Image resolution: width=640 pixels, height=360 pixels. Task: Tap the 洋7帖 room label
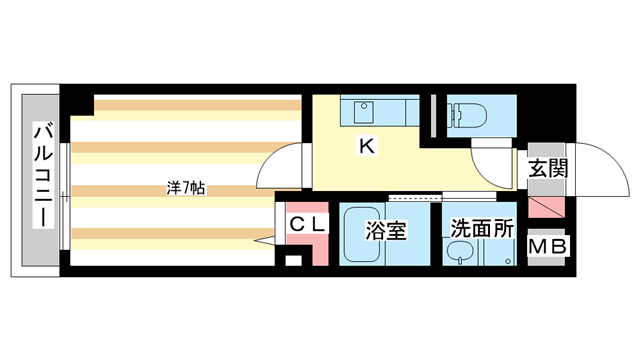point(186,187)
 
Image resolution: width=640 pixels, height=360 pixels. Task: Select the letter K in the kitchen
point(367,146)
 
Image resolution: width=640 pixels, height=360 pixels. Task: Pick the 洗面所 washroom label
point(481,228)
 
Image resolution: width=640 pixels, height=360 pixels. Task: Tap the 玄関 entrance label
point(548,167)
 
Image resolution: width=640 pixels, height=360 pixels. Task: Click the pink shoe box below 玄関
point(547,209)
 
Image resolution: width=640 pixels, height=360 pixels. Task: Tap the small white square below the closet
point(292,262)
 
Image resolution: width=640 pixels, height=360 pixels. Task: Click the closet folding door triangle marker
point(265,240)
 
